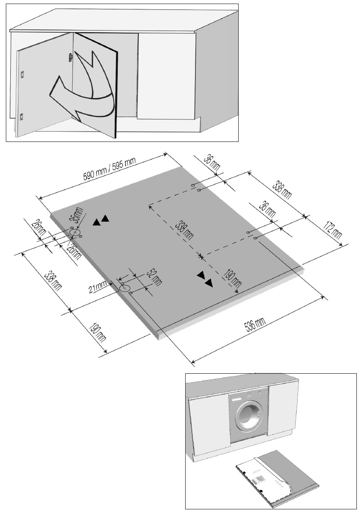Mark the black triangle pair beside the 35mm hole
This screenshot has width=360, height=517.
click(x=101, y=220)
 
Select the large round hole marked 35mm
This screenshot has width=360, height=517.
click(x=75, y=232)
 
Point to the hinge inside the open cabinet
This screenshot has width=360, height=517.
click(x=70, y=57)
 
